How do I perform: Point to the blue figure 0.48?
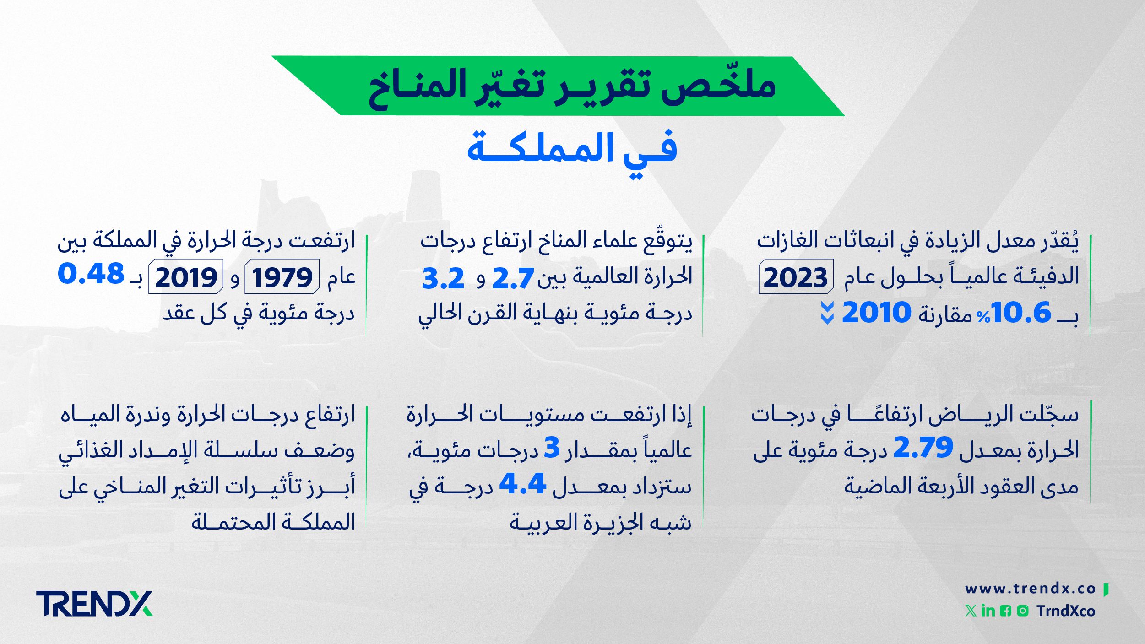[x=91, y=274]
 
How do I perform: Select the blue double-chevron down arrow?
[x=827, y=313]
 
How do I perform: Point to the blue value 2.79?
[x=923, y=447]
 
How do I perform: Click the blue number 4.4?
[x=522, y=483]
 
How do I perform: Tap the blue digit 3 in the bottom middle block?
[x=552, y=447]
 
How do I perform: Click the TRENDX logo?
[x=94, y=604]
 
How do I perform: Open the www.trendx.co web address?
[x=1031, y=589]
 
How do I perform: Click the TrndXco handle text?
[x=1066, y=611]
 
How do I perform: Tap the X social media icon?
[x=971, y=611]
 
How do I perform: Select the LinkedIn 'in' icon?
[x=988, y=611]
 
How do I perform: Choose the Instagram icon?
[x=1023, y=611]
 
